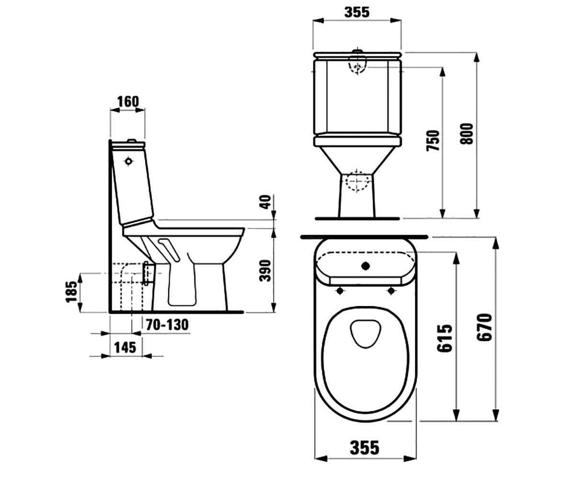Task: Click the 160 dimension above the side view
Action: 128,102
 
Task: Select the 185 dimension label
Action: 71,292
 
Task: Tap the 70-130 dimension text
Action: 167,325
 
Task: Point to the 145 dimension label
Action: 125,347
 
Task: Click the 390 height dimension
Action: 265,270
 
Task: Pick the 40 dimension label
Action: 265,202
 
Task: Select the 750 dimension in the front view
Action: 433,140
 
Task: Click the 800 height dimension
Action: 466,134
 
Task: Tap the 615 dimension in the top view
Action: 445,338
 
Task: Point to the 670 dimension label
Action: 484,328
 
